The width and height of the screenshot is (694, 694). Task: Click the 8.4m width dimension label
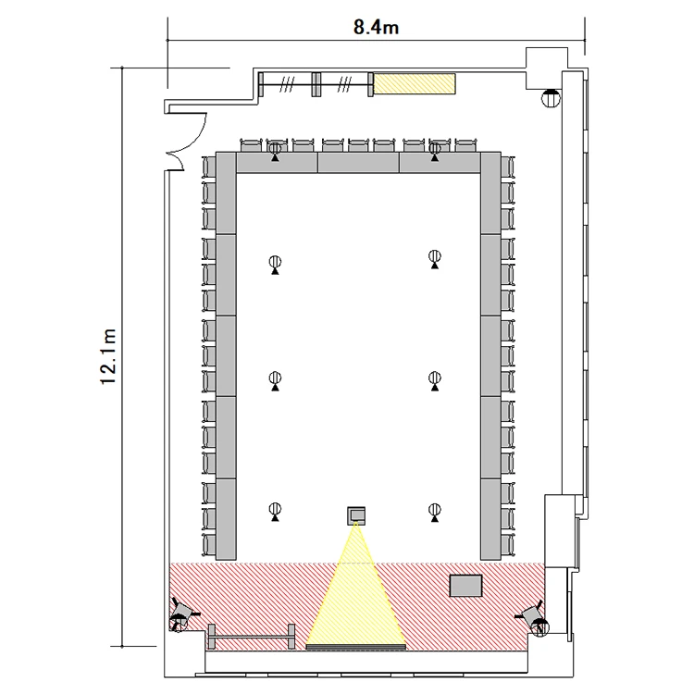376,28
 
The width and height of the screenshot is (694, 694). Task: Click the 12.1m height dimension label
108,357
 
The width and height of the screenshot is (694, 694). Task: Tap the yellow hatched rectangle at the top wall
415,83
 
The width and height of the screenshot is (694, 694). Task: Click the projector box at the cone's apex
356,515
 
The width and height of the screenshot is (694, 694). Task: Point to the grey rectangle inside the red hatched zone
466,586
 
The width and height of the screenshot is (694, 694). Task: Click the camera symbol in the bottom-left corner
181,615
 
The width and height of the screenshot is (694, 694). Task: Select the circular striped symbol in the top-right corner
551,97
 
